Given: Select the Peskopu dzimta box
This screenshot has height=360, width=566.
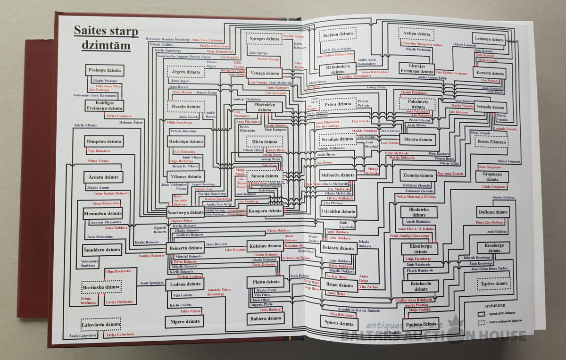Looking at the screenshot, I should pyautogui.click(x=105, y=70).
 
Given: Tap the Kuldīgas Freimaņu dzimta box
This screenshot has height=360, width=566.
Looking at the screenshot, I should pyautogui.click(x=104, y=105).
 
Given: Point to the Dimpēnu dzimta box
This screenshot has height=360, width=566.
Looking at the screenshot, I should pyautogui.click(x=104, y=142).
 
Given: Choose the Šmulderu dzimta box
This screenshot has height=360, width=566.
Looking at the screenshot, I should pyautogui.click(x=102, y=250).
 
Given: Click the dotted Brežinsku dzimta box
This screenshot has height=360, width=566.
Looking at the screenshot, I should pyautogui.click(x=101, y=287).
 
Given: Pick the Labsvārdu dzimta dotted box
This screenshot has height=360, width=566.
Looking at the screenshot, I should pyautogui.click(x=100, y=325).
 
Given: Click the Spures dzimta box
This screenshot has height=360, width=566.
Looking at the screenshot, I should pyautogui.click(x=340, y=324).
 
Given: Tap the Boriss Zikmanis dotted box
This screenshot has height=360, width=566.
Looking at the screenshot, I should pyautogui.click(x=491, y=141).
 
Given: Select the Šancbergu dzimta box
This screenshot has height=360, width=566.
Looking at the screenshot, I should pyautogui.click(x=185, y=212).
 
